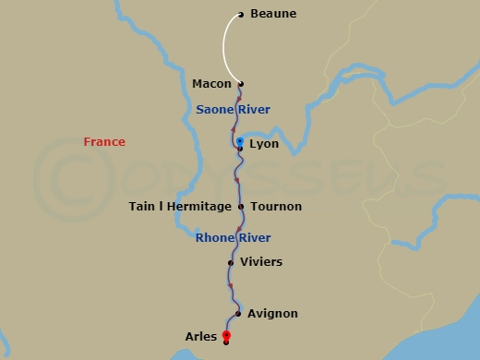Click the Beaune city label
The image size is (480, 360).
(274, 15)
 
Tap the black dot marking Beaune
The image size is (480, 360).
(241, 15)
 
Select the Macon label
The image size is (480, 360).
(211, 84)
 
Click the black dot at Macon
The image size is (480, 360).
(241, 84)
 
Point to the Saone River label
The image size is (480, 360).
(233, 110)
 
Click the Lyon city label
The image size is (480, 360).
(264, 144)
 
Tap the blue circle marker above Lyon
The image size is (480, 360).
(240, 141)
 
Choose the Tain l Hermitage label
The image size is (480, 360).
(179, 207)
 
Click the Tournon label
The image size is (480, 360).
(276, 207)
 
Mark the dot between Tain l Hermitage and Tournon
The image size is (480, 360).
(241, 207)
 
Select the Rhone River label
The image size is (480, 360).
(233, 237)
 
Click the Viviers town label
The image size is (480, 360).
(260, 262)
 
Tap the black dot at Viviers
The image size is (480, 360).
(231, 262)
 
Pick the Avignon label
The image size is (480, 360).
(273, 314)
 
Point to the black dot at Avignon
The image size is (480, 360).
(238, 314)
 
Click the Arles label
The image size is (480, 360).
(201, 337)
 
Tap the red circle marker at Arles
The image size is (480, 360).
(226, 335)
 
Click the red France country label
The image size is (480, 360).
(104, 142)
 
